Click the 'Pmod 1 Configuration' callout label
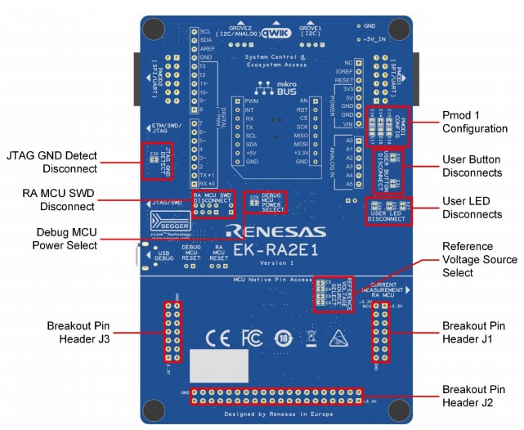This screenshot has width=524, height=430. point(474,122)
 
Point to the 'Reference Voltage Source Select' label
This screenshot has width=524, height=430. point(479,259)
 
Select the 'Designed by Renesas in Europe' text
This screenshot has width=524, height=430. point(275,414)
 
